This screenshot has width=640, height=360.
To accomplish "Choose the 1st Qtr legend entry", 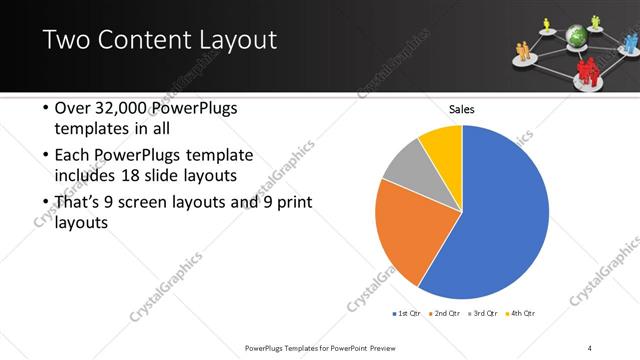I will pos(409,314).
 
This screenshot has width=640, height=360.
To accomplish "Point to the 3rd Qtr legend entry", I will pos(483,314).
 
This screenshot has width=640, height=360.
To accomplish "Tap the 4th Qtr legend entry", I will pos(521,314).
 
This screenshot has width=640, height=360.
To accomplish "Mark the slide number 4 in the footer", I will pos(590,347).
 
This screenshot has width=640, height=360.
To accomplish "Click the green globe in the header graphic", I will pos(574,36).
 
